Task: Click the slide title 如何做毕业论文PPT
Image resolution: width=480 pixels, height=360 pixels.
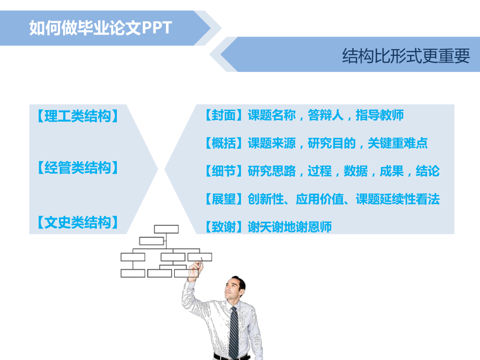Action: (100, 28)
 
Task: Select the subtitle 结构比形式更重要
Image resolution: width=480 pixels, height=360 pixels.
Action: (406, 56)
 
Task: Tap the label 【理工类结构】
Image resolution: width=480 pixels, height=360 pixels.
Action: (77, 116)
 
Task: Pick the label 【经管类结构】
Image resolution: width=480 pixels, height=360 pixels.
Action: (77, 168)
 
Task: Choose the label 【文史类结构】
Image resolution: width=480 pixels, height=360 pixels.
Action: (77, 223)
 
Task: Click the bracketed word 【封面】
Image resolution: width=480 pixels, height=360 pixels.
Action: (224, 115)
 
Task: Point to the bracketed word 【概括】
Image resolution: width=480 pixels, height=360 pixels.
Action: (224, 143)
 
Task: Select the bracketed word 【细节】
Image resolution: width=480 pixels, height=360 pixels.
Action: (224, 171)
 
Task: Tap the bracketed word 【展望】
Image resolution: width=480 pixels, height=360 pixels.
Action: (224, 199)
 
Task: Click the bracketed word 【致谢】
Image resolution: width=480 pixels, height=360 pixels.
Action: (224, 227)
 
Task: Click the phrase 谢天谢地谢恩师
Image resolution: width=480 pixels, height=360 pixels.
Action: (290, 227)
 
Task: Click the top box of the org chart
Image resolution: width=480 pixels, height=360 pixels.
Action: (166, 229)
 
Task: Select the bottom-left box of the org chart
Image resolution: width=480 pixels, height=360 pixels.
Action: (133, 273)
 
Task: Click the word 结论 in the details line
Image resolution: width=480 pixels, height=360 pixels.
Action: (428, 171)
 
